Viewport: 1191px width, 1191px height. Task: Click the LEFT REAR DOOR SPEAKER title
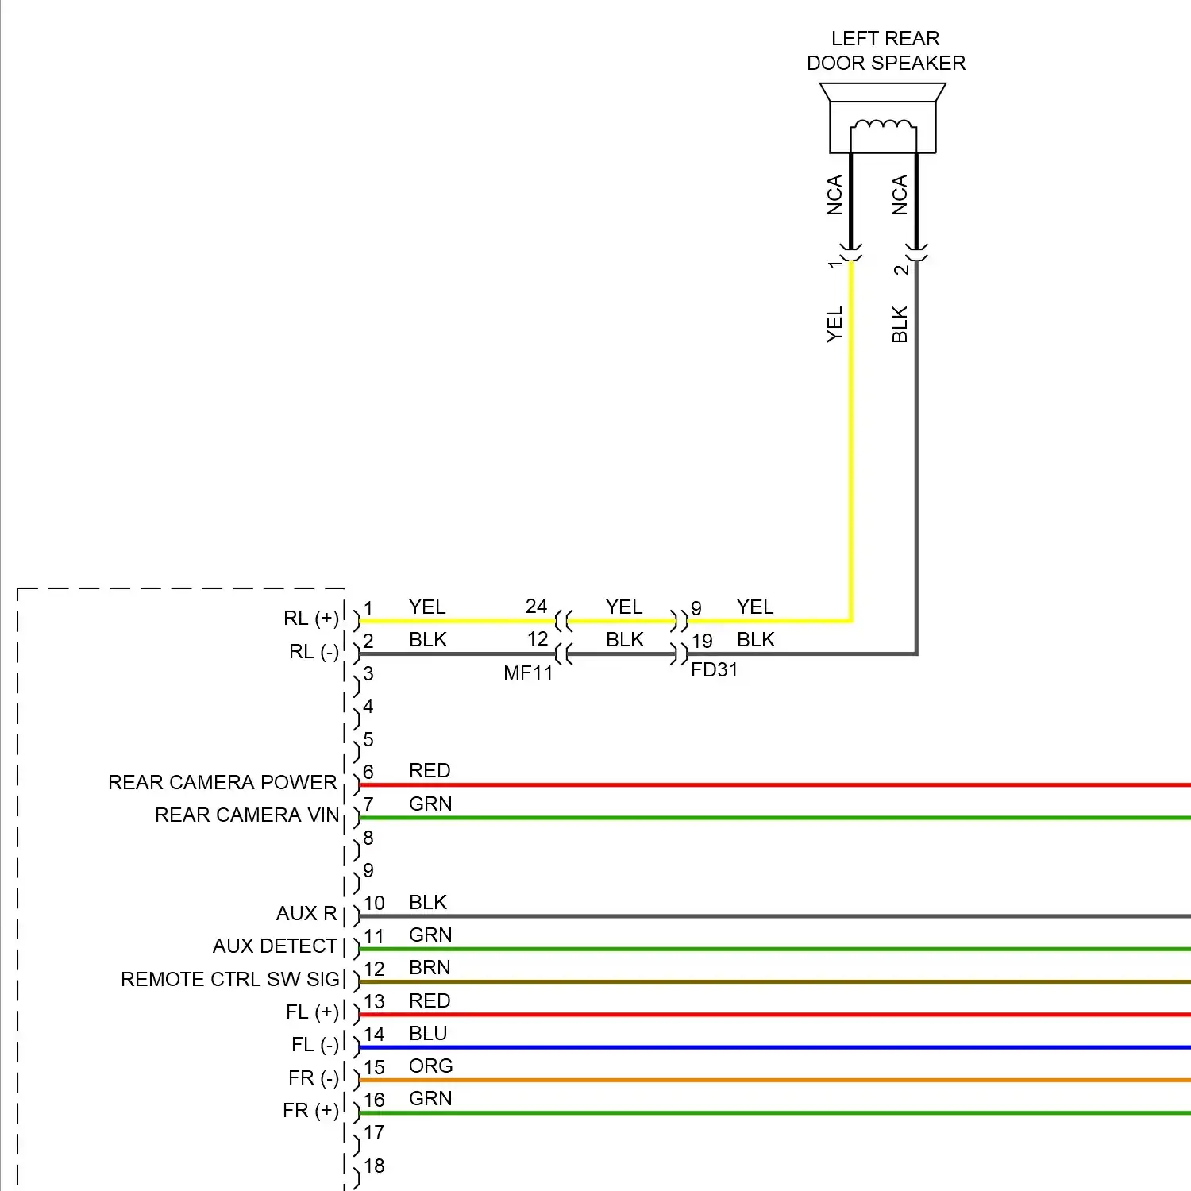885,51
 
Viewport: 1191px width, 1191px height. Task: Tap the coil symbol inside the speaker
883,125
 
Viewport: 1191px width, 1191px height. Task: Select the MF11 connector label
528,673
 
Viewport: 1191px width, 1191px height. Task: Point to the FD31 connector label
714,670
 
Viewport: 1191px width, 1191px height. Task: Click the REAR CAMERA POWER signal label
222,783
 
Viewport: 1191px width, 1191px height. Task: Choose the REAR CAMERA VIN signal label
247,815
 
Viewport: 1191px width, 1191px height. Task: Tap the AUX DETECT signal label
275,946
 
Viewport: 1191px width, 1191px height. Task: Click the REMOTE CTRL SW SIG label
230,980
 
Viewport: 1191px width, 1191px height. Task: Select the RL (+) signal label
310,619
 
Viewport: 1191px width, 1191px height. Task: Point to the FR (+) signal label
310,1111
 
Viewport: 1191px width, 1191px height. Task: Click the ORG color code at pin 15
430,1066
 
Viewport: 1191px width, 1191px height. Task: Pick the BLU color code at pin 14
428,1034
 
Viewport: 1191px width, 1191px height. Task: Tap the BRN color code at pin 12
430,968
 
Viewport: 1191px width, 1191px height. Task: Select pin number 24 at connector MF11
536,607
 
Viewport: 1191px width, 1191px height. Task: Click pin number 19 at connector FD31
701,641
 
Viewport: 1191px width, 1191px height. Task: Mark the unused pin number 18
374,1166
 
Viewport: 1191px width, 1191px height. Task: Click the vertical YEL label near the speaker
834,324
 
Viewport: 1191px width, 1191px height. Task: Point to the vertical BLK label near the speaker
900,324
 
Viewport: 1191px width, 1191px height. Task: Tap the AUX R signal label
306,914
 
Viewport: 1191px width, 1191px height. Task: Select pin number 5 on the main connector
368,740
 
